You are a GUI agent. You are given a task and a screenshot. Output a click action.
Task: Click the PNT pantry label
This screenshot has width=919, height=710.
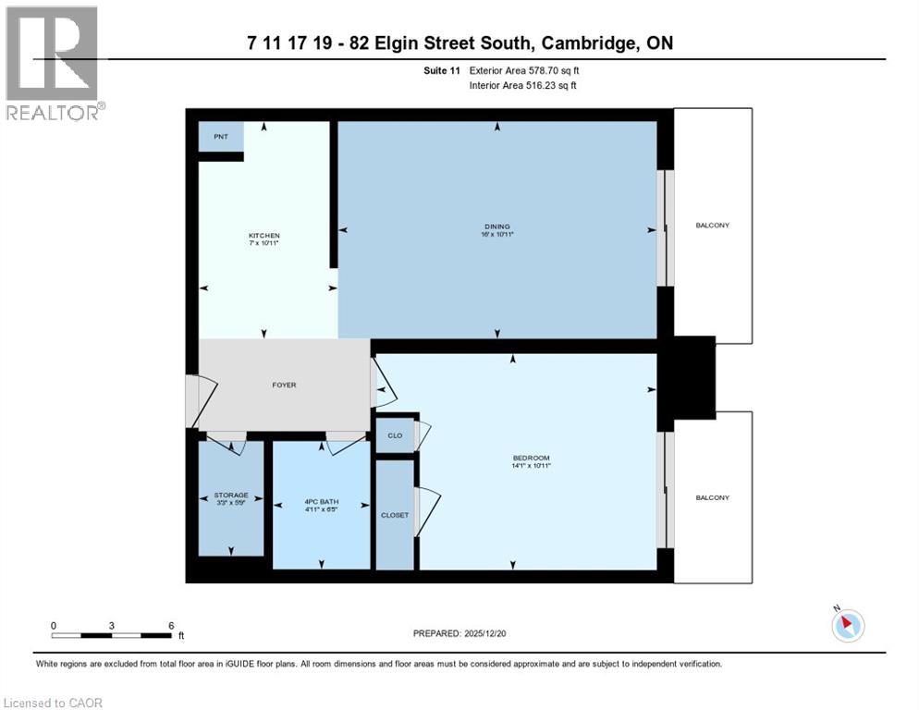220,137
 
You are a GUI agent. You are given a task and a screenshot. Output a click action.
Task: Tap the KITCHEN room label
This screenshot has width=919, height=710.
263,236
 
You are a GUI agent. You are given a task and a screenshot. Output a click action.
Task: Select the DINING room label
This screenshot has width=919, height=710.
497,226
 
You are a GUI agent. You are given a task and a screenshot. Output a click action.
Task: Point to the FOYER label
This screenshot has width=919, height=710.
284,385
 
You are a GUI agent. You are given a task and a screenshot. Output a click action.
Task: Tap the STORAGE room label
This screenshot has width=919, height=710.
230,496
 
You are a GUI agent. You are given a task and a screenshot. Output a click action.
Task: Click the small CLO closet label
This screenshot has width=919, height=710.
395,435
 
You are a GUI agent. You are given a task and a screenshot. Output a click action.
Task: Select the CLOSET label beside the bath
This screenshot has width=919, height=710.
395,515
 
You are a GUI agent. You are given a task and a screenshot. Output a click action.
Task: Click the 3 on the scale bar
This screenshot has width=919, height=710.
112,625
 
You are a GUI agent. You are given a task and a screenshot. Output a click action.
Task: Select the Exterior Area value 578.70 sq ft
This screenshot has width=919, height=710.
555,70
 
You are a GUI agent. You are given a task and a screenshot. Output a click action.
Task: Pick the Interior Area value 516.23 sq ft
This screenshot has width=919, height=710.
555,85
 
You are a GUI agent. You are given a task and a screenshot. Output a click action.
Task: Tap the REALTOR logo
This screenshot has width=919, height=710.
54,63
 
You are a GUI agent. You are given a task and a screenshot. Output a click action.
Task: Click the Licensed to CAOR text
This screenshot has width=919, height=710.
55,703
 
